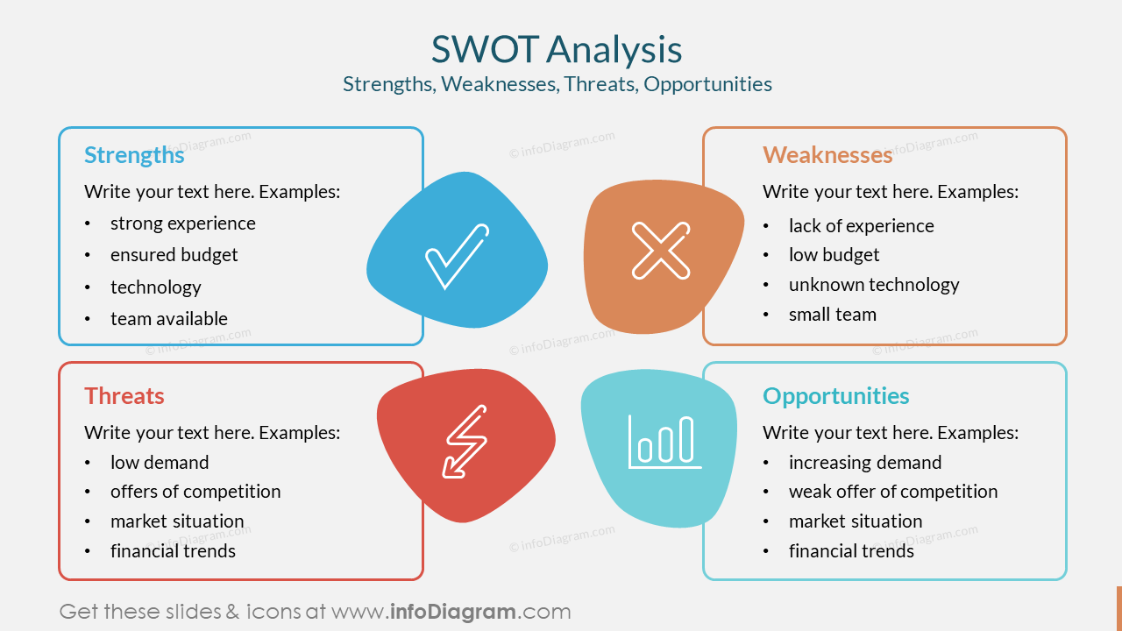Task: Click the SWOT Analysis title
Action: point(557,50)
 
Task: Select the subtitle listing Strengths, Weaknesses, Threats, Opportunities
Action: point(557,84)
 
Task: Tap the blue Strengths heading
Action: point(134,155)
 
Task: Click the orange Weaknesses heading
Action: point(827,155)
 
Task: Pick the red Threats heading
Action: point(124,396)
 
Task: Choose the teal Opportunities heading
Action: point(835,396)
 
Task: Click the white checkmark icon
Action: point(456,256)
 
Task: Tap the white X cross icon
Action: point(661,251)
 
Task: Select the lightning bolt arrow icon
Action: point(465,441)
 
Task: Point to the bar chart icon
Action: point(664,441)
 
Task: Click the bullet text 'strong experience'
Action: point(182,223)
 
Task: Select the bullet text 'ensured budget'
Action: point(174,255)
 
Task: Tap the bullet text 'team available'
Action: point(168,319)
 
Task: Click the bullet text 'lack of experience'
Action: point(861,226)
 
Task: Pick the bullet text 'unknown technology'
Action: point(873,285)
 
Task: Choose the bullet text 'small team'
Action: point(832,315)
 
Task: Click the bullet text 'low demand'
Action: point(160,463)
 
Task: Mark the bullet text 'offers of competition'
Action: point(195,492)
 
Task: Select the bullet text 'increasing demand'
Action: point(864,463)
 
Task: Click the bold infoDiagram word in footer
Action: point(452,612)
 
